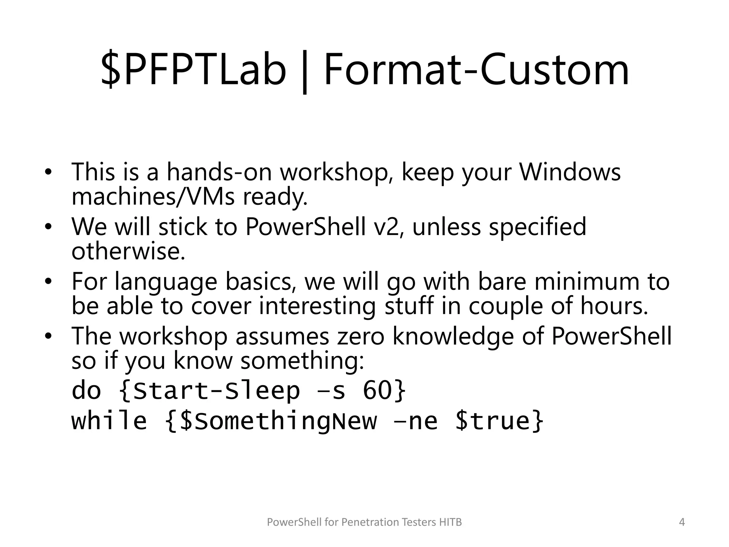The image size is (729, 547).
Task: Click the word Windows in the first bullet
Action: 570,172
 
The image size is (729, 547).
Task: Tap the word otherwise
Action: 128,251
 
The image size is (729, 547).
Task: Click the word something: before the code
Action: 302,361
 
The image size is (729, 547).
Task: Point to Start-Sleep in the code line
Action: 216,391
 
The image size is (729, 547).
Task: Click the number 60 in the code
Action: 377,391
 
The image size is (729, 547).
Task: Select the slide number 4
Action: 682,522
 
